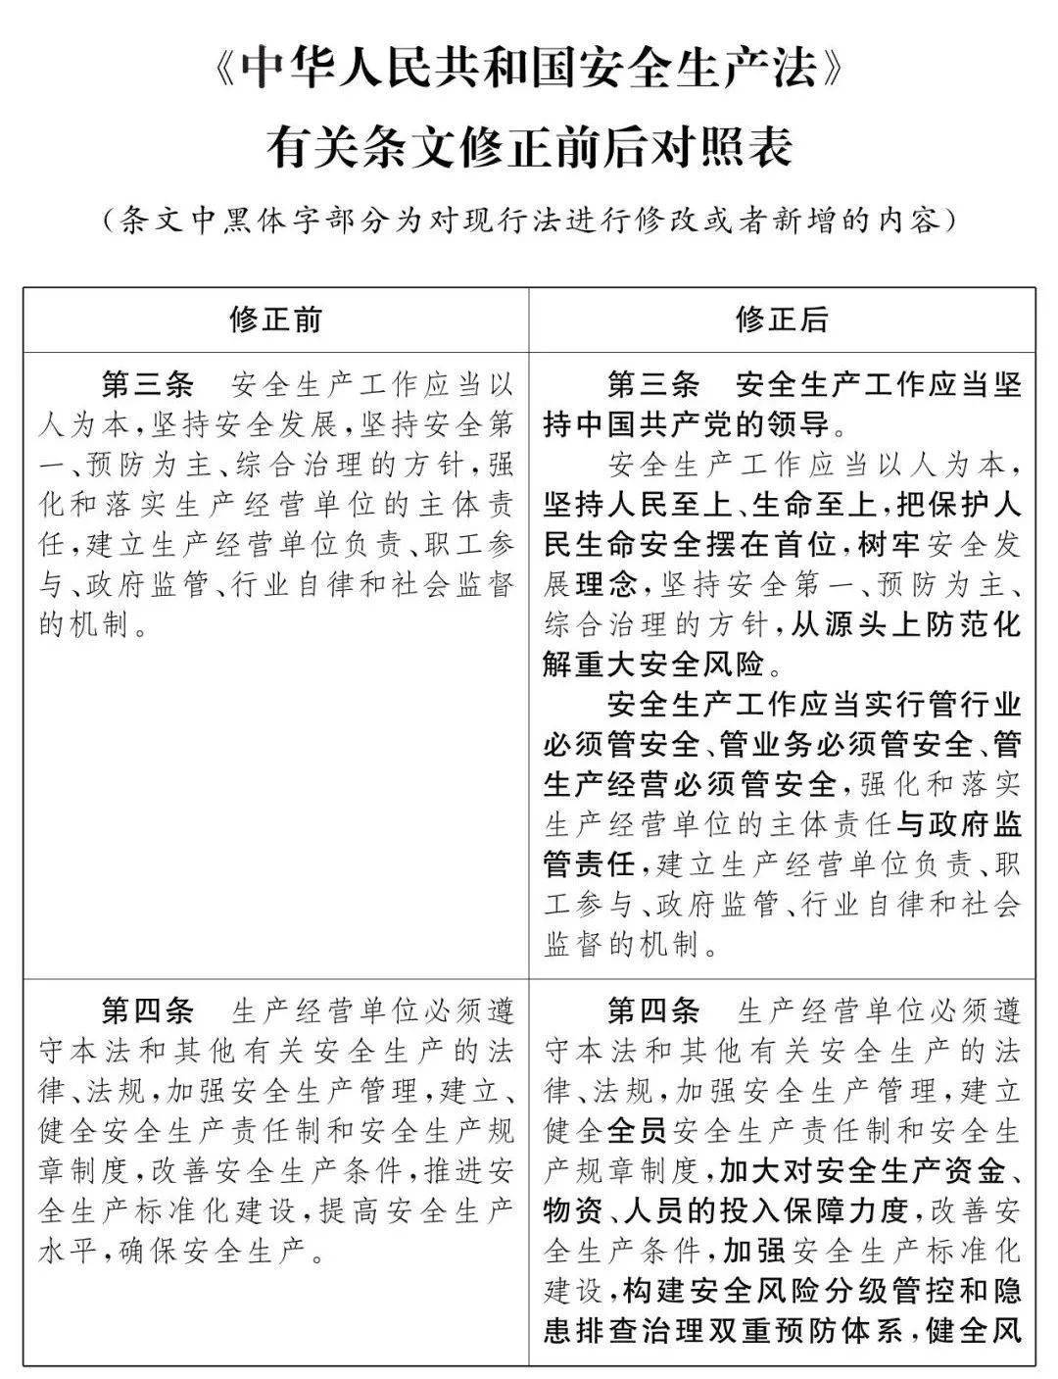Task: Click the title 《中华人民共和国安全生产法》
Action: pyautogui.click(x=529, y=73)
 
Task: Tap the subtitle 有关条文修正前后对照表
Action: pyautogui.click(x=529, y=149)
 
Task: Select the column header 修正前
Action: pyautogui.click(x=275, y=320)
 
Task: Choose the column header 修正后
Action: pyautogui.click(x=782, y=320)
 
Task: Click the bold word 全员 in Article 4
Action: pyautogui.click(x=638, y=1131)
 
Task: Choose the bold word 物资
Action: pyautogui.click(x=573, y=1210)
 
